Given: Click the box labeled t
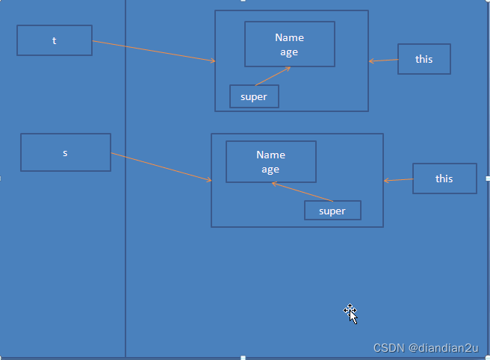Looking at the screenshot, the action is tap(55, 40).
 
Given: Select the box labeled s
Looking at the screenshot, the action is tap(66, 152).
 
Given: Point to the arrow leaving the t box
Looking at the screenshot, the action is tap(153, 51).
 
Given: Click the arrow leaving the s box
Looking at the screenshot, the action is tap(161, 167).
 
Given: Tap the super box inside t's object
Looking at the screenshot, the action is tap(254, 96).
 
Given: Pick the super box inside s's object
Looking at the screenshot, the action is tap(332, 211).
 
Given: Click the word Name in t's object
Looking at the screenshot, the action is tap(289, 37).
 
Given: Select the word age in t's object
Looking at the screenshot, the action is tap(289, 52).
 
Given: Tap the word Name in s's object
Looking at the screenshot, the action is tap(270, 155).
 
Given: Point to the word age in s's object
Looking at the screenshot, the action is tap(270, 169).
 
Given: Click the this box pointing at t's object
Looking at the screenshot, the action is tap(424, 59).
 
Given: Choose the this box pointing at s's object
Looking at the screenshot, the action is tap(444, 179).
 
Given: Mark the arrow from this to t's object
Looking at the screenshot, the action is tap(383, 60).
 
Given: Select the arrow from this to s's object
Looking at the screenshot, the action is tap(398, 180).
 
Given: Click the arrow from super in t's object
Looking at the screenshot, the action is tap(272, 76).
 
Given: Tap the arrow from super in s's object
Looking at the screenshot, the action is tap(303, 191).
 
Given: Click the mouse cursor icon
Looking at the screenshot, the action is tap(351, 314).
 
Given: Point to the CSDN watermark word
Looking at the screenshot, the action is tap(388, 347).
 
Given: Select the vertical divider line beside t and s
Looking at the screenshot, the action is tap(125, 224).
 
